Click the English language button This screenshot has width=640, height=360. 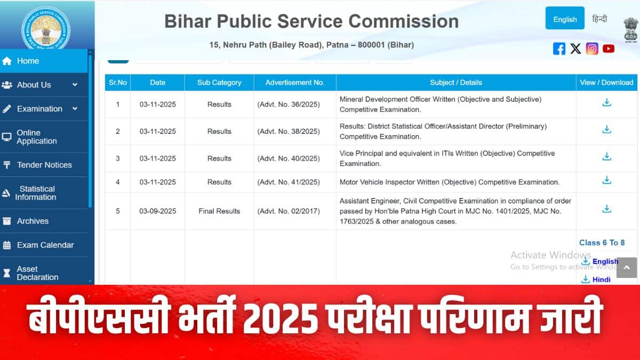coord(565,19)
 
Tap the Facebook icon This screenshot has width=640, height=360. coord(559,49)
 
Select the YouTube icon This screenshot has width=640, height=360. coord(609,49)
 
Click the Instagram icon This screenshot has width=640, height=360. coord(592,49)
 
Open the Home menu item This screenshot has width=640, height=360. coord(28,61)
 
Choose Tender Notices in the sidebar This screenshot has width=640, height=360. coord(44,165)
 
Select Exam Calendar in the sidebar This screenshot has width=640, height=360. coord(45,245)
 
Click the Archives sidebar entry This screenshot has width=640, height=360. coord(33,221)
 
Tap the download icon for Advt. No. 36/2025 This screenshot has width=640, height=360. coord(606,102)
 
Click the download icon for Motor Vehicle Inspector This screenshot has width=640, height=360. coord(606,180)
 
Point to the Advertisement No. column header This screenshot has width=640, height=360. coord(295,83)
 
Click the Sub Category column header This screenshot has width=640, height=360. coord(219,83)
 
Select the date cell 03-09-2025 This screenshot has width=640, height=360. coord(158,211)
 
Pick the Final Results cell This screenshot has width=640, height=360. coord(219,211)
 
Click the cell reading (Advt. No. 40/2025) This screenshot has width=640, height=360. coord(289,158)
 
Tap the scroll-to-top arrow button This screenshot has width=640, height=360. coord(627,267)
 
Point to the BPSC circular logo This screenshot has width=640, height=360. coord(45,27)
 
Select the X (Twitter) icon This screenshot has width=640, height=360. coord(575,49)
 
